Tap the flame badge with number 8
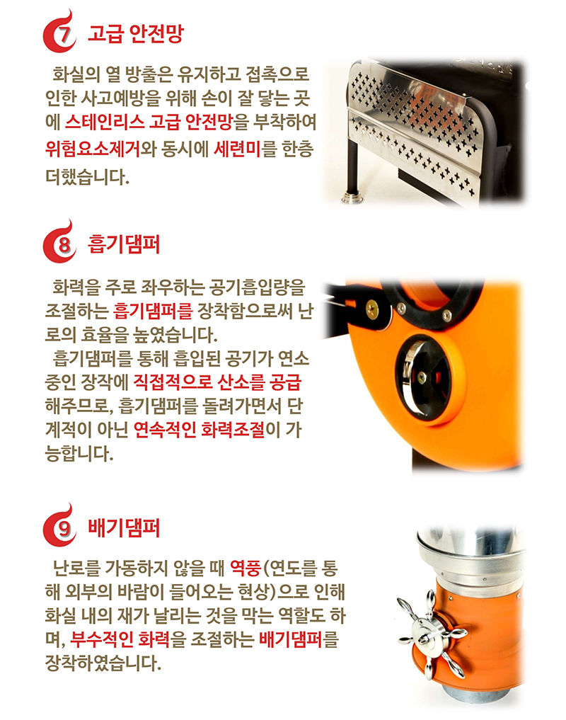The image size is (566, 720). click(62, 245)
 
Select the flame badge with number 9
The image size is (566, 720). click(62, 527)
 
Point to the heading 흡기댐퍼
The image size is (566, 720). click(123, 245)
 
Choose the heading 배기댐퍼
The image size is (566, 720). click(123, 527)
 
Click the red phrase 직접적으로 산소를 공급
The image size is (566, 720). click(217, 383)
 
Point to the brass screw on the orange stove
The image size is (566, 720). click(371, 308)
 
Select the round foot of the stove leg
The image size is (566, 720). click(351, 197)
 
